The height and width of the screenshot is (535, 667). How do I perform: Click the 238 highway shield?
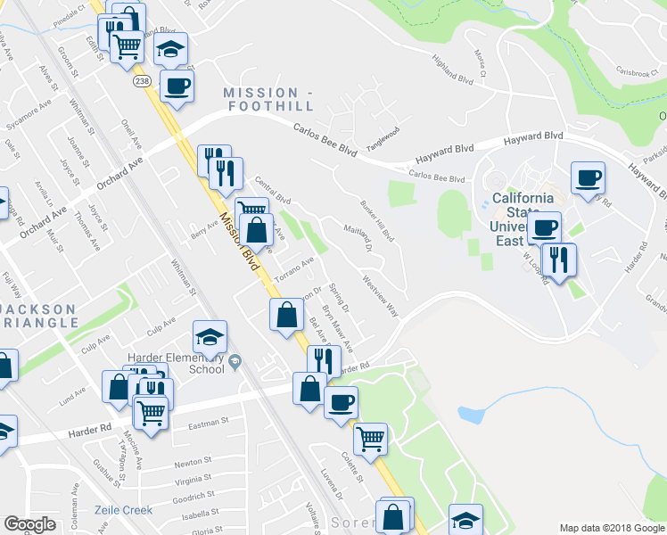(x=141, y=81)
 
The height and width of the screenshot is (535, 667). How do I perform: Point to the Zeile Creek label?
(x=123, y=510)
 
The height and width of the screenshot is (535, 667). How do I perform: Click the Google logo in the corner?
(x=29, y=524)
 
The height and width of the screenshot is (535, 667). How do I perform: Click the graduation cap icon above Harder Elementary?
(x=210, y=337)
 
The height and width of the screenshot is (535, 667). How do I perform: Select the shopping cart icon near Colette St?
(x=370, y=437)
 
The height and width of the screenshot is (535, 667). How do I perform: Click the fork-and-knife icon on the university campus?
(x=559, y=259)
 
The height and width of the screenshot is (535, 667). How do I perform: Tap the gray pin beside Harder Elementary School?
(x=235, y=361)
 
